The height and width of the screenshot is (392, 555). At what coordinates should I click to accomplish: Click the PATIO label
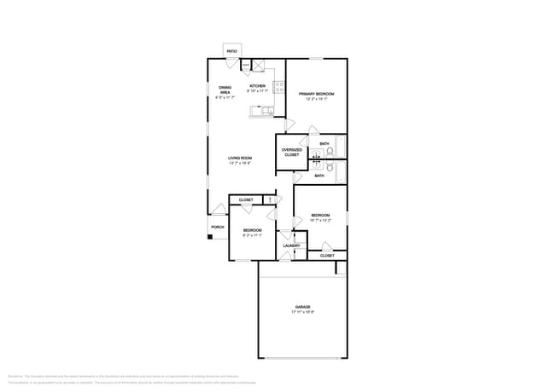coord(232,51)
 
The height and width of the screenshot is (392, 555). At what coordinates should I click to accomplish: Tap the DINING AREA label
coord(225,89)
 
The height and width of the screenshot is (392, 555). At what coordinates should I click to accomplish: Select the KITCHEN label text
coord(257,86)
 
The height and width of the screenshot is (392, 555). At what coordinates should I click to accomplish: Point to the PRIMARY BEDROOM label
coord(316,93)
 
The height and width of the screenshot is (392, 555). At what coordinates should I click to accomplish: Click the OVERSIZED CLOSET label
coord(291,153)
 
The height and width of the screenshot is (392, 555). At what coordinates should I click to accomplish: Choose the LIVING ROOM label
coord(240,158)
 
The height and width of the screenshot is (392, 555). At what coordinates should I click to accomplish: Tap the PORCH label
coord(218,228)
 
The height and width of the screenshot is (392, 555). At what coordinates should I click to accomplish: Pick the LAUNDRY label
coord(291,245)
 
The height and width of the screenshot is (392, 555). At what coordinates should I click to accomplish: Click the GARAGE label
coord(302,306)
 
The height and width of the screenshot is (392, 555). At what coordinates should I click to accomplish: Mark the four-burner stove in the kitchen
coord(278,86)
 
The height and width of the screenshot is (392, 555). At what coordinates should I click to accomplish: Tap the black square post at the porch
coord(209,237)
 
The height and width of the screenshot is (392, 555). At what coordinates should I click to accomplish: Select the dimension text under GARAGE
coord(302,312)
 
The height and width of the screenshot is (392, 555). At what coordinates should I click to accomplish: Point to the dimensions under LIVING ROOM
coord(240,163)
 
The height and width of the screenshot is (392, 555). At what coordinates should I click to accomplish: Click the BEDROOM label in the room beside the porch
coord(252,230)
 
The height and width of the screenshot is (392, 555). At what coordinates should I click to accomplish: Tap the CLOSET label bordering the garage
coord(327,256)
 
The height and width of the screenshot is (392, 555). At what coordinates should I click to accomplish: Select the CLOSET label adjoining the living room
coord(246,199)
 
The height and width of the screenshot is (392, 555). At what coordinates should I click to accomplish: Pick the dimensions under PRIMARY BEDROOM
coord(316,98)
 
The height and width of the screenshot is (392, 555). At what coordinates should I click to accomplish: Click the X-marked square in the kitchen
coord(258,65)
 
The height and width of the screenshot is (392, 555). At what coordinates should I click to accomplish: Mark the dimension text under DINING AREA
coord(225,97)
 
